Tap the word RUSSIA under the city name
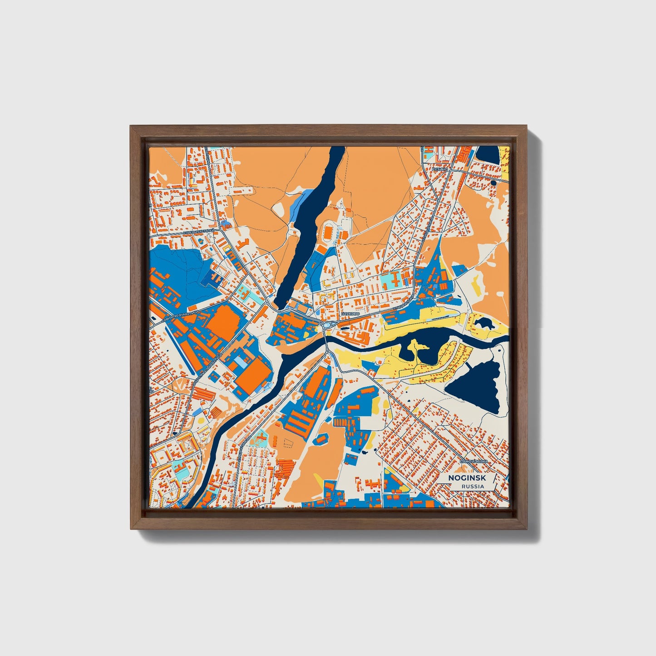point(472,487)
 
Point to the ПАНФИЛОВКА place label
point(474,461)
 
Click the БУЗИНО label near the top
point(440,169)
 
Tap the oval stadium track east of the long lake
point(328,234)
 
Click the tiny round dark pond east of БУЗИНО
point(493,183)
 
